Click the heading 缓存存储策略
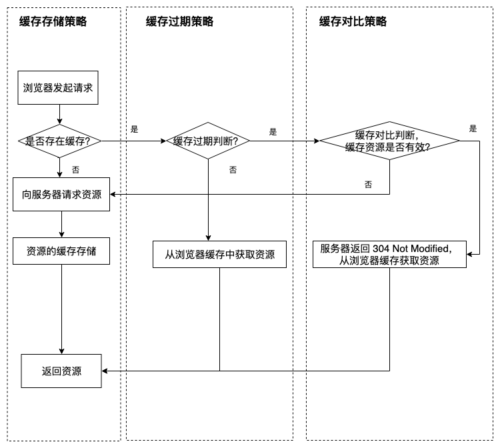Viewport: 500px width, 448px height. (x=53, y=21)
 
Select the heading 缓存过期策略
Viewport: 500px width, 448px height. (x=180, y=21)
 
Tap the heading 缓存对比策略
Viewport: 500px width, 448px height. (x=353, y=21)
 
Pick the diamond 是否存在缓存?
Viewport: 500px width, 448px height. (x=61, y=141)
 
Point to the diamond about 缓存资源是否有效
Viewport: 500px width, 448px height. (x=389, y=141)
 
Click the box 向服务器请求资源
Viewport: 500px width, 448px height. (x=62, y=195)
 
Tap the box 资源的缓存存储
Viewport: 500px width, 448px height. (x=62, y=251)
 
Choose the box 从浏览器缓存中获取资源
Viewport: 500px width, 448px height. (x=219, y=254)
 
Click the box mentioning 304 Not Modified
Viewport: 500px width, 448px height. (x=389, y=254)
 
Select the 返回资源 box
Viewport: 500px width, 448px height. (x=61, y=371)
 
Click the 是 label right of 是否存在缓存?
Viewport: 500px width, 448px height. (x=134, y=129)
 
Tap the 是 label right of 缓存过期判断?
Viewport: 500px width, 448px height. (x=273, y=132)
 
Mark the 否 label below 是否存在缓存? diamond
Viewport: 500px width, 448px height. (x=76, y=169)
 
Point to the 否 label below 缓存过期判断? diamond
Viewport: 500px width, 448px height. (x=233, y=170)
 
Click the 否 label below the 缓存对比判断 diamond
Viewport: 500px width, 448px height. (x=369, y=185)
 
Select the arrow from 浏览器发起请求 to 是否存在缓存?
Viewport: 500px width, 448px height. (x=61, y=115)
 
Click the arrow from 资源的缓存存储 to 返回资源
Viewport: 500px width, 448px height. (x=62, y=307)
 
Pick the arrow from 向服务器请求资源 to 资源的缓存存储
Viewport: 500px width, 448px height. (x=61, y=224)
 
